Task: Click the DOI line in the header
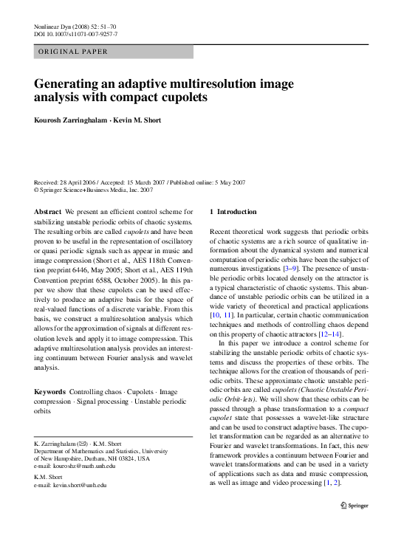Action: pos(76,35)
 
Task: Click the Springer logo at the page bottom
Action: pos(357,526)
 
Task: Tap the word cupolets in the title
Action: pos(177,97)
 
